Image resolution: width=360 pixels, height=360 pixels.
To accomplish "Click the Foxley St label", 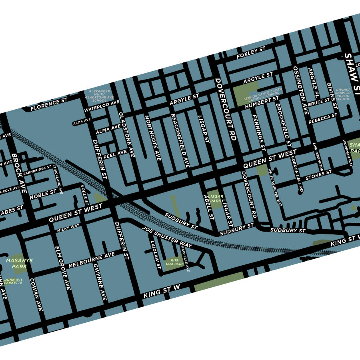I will tap(251, 52).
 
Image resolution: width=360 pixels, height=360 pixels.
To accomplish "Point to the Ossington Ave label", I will tap(301, 90).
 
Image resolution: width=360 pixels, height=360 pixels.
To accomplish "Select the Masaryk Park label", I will tap(19, 263).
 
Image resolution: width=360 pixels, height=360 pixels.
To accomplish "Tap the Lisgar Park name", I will tap(216, 199).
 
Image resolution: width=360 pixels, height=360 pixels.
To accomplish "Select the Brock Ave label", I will tap(19, 172).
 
